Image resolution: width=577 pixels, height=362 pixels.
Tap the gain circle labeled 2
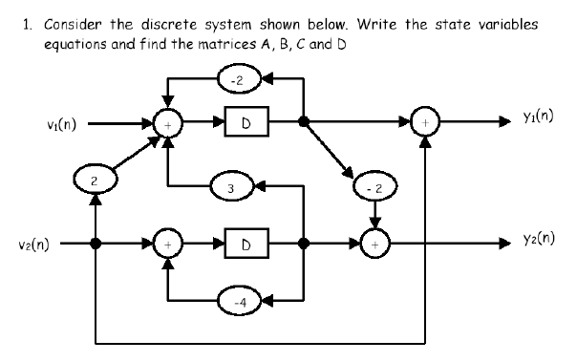pos(95,181)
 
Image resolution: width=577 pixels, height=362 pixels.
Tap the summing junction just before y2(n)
pos(371,243)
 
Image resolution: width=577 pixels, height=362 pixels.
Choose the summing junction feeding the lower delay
pos(169,243)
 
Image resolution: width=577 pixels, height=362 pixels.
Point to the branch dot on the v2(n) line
pos(95,243)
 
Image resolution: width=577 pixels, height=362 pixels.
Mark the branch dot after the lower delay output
pos(304,243)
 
